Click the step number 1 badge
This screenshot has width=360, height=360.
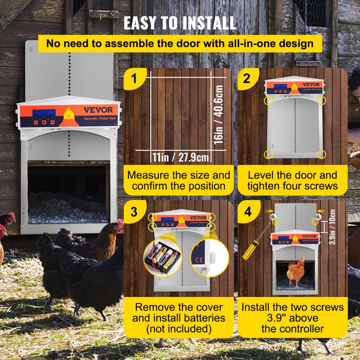tap(134, 78)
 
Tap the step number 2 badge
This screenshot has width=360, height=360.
tap(246, 78)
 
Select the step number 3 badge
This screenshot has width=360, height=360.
tap(134, 212)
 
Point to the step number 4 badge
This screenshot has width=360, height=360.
tap(248, 212)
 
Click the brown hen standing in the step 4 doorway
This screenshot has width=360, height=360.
tap(296, 273)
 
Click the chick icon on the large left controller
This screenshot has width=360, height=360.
tap(68, 114)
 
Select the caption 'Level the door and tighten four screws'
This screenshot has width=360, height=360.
tap(292, 180)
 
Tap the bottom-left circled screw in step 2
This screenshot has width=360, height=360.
tap(269, 154)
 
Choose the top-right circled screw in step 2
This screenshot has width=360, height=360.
tap(321, 100)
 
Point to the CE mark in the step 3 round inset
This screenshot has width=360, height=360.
tap(199, 259)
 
